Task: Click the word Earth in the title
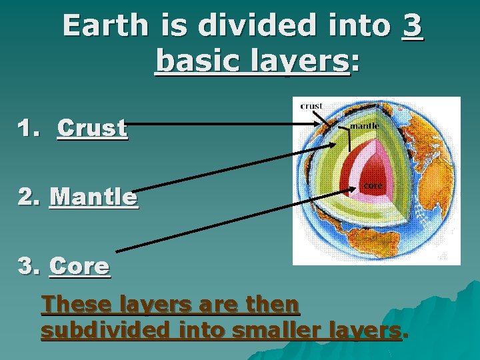pyautogui.click(x=105, y=26)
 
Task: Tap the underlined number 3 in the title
pyautogui.click(x=413, y=26)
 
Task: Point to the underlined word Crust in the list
pyautogui.click(x=92, y=127)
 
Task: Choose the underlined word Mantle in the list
pyautogui.click(x=93, y=197)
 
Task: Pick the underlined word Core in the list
pyautogui.click(x=79, y=266)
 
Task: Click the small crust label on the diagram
pyautogui.click(x=311, y=105)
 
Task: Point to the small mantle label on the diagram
pyautogui.click(x=365, y=125)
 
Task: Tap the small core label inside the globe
pyautogui.click(x=372, y=185)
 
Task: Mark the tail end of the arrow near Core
pyautogui.click(x=117, y=251)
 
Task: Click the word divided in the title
pyautogui.click(x=247, y=26)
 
